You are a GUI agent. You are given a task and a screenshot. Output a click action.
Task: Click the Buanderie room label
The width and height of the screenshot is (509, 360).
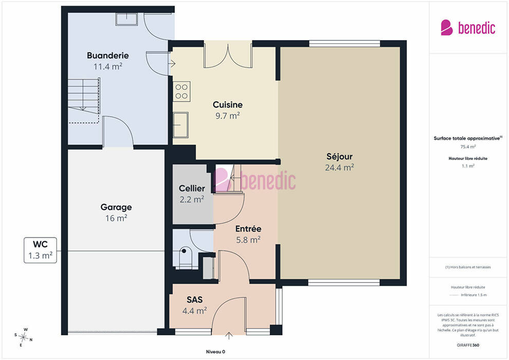(108, 56)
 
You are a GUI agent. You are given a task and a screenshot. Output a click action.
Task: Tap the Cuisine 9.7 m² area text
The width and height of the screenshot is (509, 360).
(228, 116)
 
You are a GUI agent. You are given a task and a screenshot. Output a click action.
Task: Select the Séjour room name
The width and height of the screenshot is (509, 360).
(339, 156)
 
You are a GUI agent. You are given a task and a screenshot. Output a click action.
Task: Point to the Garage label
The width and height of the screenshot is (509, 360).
(116, 207)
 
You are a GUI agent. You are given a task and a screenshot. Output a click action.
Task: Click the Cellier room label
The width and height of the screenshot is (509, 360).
(192, 188)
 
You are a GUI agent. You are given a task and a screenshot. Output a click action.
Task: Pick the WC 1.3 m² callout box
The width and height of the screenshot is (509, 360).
(40, 250)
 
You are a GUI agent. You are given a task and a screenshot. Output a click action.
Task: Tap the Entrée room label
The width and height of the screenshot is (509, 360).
(248, 229)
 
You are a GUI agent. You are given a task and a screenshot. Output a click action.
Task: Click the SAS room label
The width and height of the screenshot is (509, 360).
(195, 299)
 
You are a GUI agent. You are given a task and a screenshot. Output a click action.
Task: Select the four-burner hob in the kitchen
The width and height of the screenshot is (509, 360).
(181, 92)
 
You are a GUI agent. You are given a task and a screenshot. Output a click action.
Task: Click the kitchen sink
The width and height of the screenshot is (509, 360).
(180, 125)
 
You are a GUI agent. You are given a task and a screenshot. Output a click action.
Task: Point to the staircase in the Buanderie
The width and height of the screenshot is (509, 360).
(84, 100)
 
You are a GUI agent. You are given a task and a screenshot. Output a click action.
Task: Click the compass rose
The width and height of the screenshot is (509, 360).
(23, 337)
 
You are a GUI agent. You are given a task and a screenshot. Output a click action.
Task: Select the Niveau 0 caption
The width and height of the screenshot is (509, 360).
(215, 352)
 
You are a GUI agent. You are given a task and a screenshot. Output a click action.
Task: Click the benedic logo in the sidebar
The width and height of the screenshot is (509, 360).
(468, 28)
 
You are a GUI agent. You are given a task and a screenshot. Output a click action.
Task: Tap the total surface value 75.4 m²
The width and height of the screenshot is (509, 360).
(468, 147)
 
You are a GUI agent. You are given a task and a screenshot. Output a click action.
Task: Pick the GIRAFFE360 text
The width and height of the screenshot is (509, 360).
(468, 345)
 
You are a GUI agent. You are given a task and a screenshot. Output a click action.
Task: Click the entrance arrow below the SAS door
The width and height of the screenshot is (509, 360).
(229, 336)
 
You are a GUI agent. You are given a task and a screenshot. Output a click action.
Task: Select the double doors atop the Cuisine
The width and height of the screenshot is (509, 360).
(228, 55)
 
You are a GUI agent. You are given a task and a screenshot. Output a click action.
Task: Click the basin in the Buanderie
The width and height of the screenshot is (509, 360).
(126, 19)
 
